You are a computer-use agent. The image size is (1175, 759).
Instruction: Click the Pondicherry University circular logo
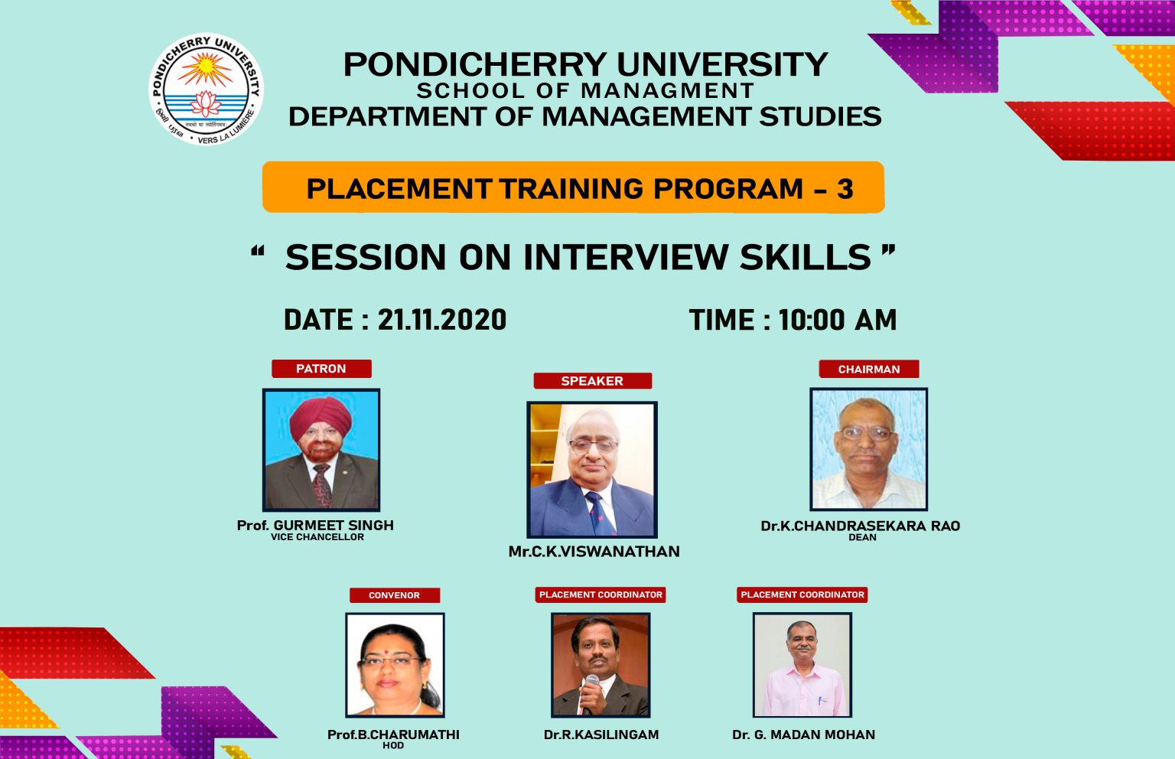[206, 90]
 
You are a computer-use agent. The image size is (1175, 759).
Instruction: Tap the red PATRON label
[321, 369]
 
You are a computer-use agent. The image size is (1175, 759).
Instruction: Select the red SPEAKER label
[592, 381]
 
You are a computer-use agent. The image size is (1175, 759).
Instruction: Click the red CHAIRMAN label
[869, 370]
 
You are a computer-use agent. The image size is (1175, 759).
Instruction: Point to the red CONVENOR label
[394, 595]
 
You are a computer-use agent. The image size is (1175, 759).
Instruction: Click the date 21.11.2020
[441, 320]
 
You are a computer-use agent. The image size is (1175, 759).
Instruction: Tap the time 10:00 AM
[838, 320]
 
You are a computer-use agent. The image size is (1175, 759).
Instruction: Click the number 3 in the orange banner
[845, 189]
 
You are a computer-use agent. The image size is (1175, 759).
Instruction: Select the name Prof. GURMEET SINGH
[315, 526]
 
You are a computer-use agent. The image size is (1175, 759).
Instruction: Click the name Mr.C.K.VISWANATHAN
[594, 552]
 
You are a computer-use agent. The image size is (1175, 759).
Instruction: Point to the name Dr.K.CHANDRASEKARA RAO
[860, 526]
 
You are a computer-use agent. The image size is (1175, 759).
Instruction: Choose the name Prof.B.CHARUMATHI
[393, 735]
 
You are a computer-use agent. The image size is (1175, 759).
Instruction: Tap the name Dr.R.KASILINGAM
[601, 735]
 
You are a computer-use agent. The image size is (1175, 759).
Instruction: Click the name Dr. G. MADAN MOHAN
[803, 735]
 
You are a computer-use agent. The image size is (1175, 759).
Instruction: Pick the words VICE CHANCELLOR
[317, 537]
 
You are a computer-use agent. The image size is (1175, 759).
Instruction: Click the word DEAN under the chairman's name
[862, 537]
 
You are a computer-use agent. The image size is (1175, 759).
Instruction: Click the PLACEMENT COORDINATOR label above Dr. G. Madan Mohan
[802, 594]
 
